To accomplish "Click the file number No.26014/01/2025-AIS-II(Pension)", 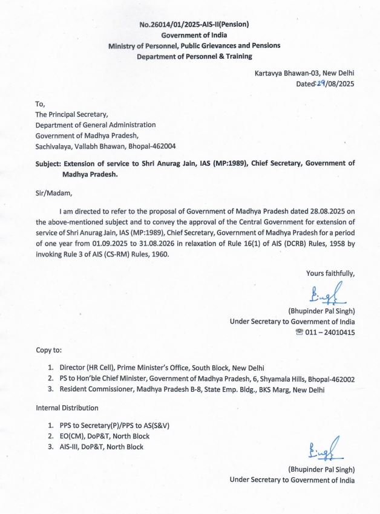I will point(194,24).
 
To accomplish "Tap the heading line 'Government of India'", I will point(194,35).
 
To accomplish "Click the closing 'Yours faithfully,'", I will point(330,274).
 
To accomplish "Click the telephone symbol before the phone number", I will point(297,332).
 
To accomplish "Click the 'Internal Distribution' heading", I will point(67,408).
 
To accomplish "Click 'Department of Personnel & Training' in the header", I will point(194,56).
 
